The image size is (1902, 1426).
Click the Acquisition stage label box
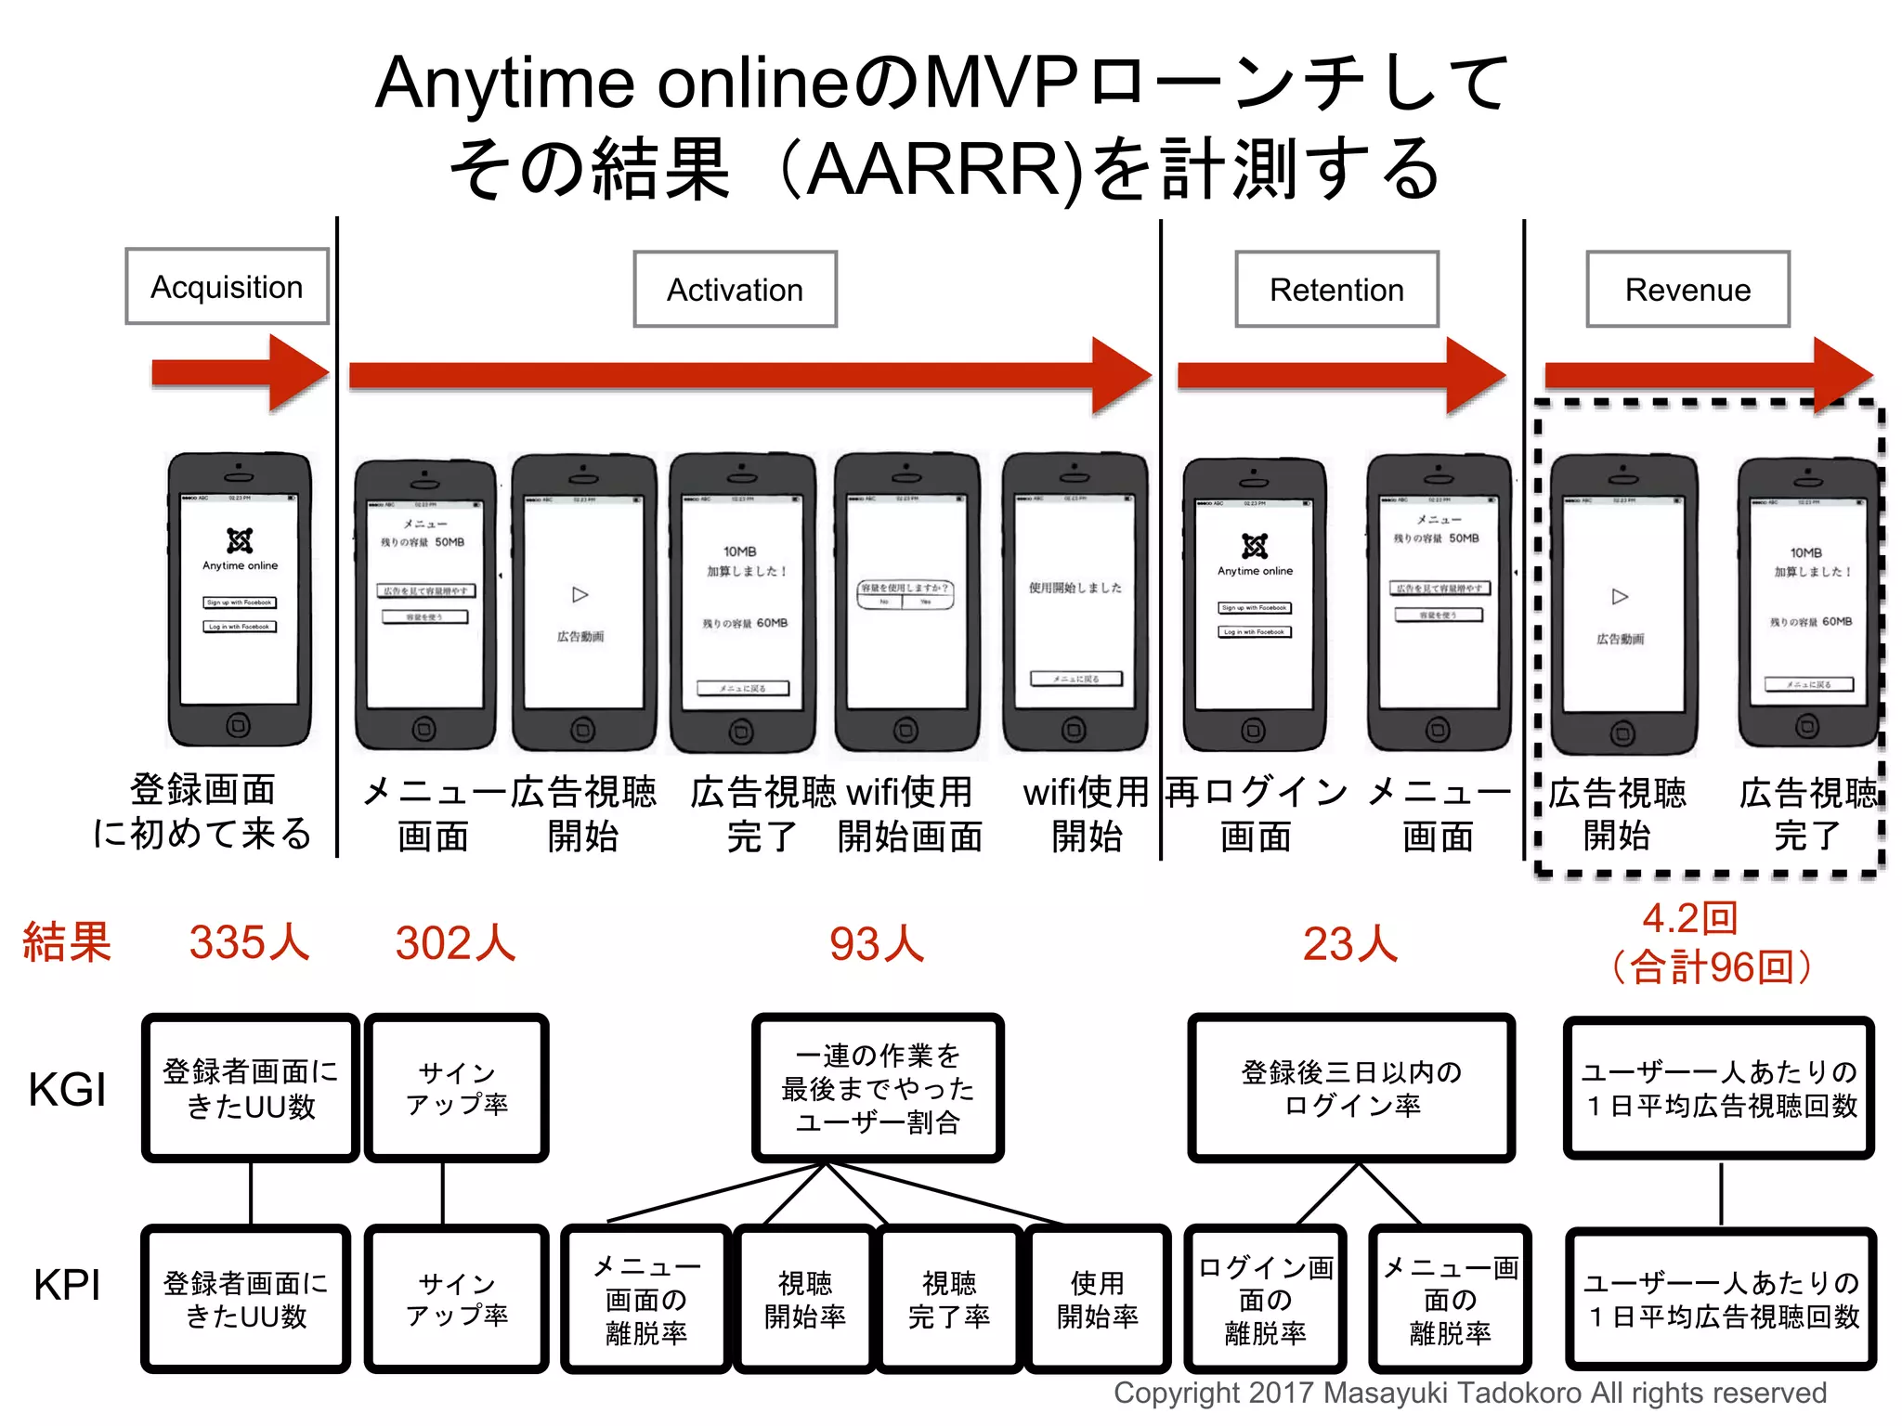click(227, 287)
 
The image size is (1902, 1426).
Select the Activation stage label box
click(735, 290)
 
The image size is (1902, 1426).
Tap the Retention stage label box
click(1336, 290)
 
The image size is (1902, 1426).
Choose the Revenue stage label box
click(1687, 290)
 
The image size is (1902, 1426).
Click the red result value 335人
click(249, 943)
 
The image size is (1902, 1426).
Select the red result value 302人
click(455, 943)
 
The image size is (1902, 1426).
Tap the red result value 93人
click(877, 944)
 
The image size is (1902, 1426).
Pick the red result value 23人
click(1350, 944)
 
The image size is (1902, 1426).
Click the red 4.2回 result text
click(1689, 918)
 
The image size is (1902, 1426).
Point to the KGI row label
click(67, 1089)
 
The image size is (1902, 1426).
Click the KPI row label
click(67, 1286)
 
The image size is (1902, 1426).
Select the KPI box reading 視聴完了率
click(949, 1299)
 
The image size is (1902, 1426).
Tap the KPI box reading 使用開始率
click(1097, 1299)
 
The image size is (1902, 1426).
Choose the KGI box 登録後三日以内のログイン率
click(1351, 1088)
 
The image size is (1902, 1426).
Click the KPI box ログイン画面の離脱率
click(1265, 1299)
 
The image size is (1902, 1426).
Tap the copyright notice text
click(1469, 1394)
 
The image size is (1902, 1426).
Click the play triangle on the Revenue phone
click(1620, 596)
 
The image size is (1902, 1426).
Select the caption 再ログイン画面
click(1256, 814)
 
